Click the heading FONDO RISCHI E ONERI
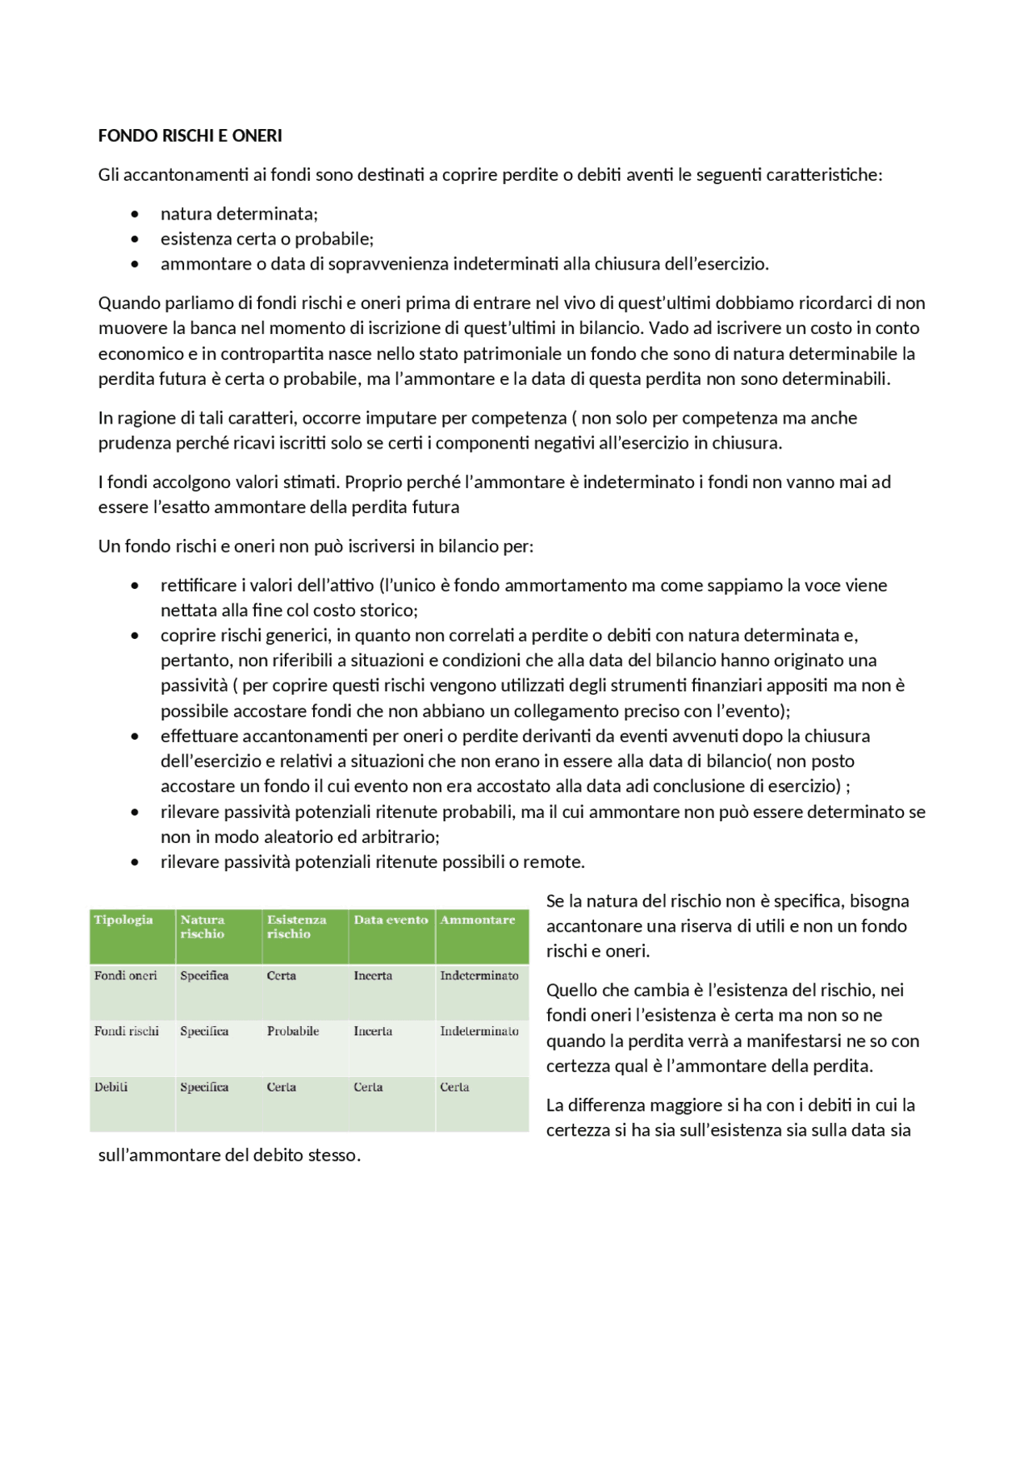[190, 136]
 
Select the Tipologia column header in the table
[123, 920]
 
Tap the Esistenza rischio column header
[296, 926]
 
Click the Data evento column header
[391, 920]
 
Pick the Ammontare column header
[477, 920]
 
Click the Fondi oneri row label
[125, 975]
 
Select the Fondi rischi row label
[126, 1031]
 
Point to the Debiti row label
[111, 1087]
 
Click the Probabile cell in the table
[293, 1031]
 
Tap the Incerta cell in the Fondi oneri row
[372, 975]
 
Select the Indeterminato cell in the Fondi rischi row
[479, 1031]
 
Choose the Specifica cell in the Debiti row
[204, 1087]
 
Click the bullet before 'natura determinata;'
[135, 214]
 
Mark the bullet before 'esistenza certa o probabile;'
[135, 239]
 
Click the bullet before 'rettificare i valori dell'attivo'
[135, 586]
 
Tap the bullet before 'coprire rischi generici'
[135, 636]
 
